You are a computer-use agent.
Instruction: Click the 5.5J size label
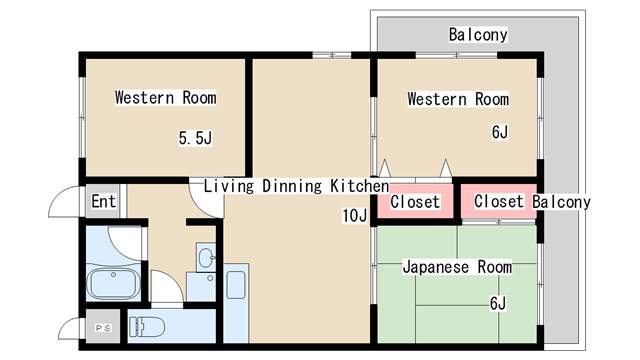coord(195,138)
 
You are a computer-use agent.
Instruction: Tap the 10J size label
coord(355,216)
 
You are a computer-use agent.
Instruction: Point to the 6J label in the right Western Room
coord(499,132)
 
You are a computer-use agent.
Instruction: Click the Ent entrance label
coord(103,201)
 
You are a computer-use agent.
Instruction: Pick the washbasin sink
coord(205,259)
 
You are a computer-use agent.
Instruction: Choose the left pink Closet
coord(414,202)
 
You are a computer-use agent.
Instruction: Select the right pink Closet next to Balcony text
coord(498,202)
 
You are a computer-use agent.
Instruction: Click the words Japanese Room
coord(457,268)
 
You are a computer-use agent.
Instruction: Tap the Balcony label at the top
coord(478,35)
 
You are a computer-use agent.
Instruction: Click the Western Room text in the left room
coord(165,98)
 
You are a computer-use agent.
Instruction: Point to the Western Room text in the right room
coord(457,99)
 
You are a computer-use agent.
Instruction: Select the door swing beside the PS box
coord(71,327)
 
